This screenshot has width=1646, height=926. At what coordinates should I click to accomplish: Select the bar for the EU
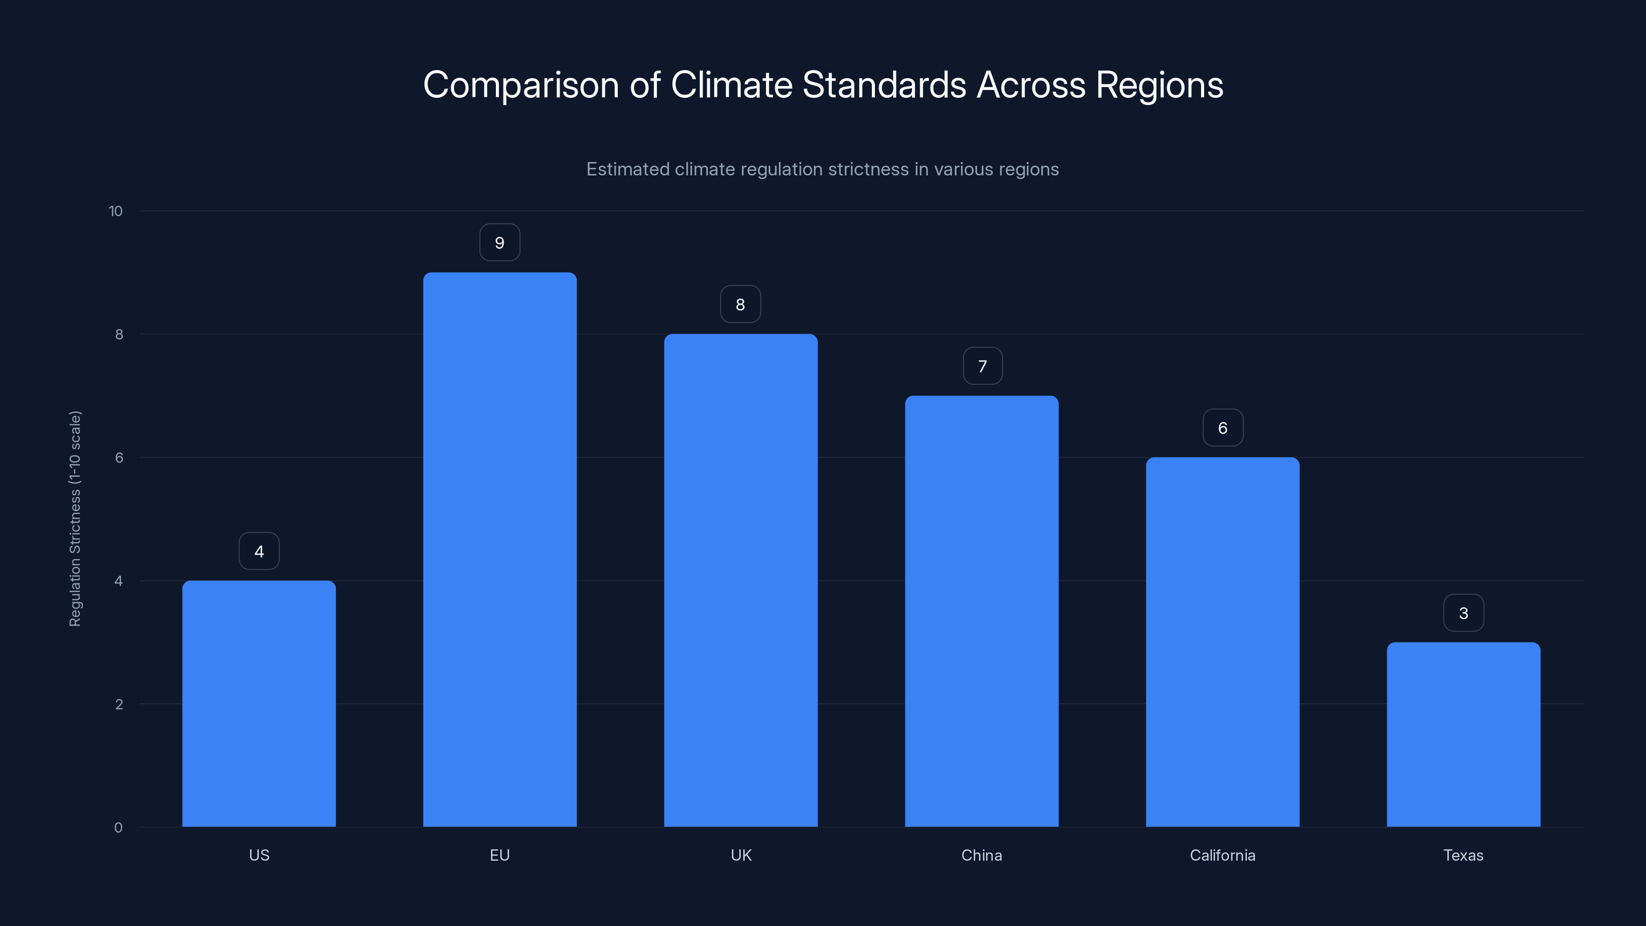pos(499,549)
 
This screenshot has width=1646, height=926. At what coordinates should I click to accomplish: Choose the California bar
pos(1222,642)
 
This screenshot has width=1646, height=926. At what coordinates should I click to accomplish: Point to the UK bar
pos(741,580)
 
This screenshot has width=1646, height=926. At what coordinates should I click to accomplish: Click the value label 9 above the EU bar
pos(499,243)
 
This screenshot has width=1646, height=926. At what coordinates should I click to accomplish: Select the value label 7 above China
pos(982,366)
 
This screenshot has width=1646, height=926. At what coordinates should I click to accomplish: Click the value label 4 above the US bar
pos(259,551)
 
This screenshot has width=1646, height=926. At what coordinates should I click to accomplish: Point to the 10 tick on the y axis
pos(116,211)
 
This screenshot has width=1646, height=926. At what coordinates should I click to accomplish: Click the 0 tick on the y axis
pos(118,828)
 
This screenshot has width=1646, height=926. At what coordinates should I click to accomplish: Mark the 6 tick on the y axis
pos(119,457)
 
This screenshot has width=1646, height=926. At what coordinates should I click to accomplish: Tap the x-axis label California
pos(1222,855)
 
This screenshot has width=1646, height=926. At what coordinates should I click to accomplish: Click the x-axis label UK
pos(741,855)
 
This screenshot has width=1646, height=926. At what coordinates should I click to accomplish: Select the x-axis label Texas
pos(1463,855)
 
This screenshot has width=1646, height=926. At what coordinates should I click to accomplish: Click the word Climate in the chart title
pos(731,85)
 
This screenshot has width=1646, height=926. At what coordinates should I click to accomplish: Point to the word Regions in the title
pos(1159,85)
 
